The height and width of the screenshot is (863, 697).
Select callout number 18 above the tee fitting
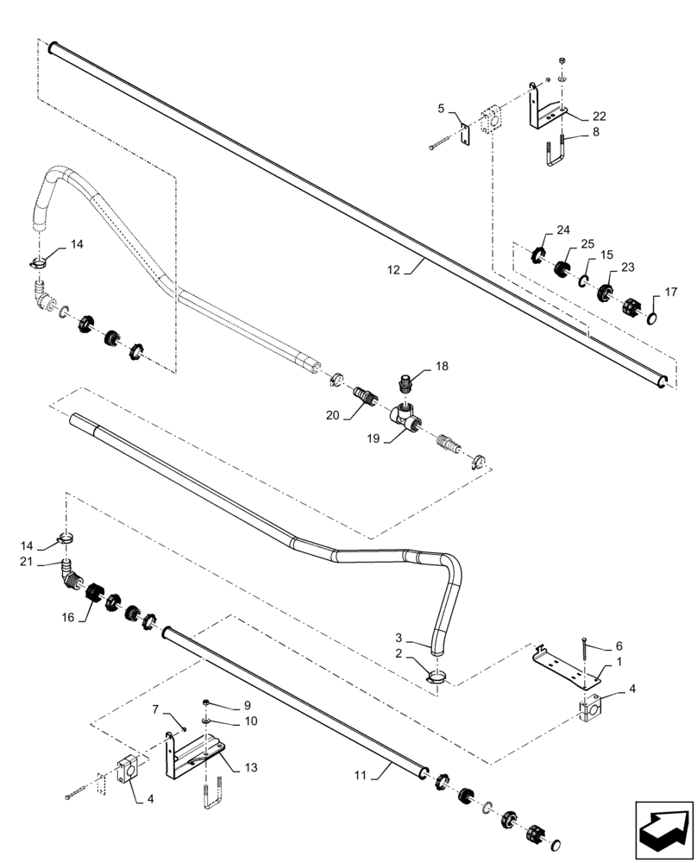coord(442,367)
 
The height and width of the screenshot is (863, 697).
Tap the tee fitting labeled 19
coord(405,417)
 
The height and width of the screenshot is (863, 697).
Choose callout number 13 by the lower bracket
coord(250,766)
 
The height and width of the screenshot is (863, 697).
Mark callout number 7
coord(156,709)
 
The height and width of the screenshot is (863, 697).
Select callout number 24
coord(563,230)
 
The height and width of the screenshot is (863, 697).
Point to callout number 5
coord(441,109)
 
